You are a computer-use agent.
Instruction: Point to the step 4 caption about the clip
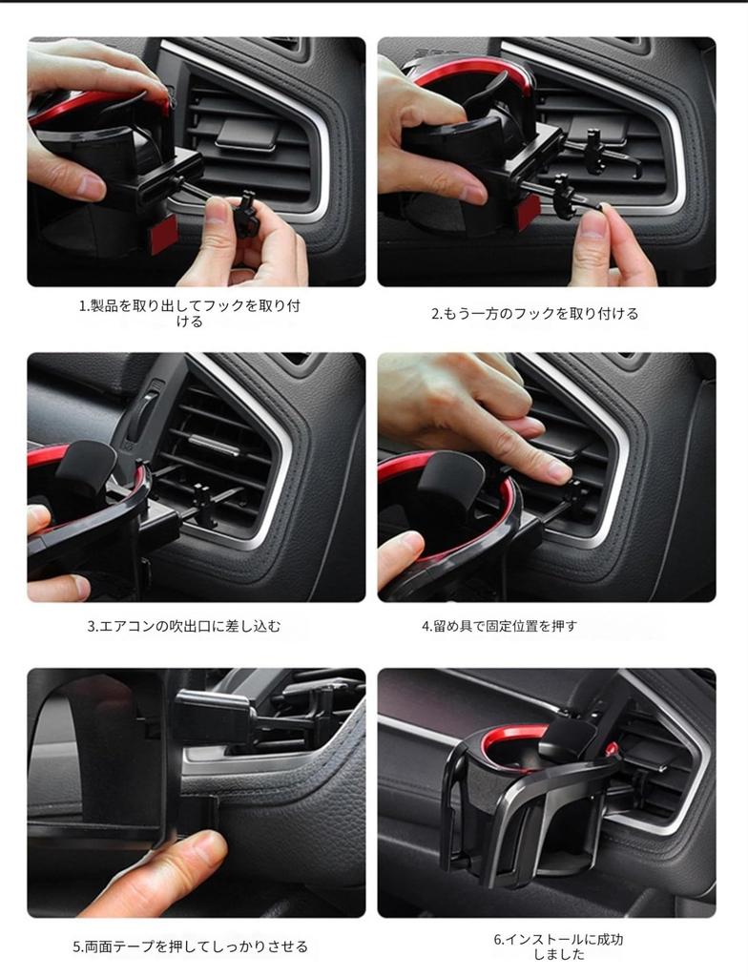coord(499,627)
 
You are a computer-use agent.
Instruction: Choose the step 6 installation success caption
coord(558,946)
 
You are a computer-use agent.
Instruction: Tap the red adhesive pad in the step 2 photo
coord(527,212)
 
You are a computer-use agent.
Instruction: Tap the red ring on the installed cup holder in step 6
coord(515,738)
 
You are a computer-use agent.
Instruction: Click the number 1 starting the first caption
coord(82,306)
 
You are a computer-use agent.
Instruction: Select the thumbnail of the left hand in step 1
coord(91,187)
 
